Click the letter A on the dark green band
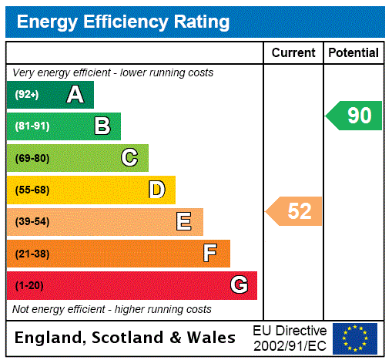[x=75, y=95]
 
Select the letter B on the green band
[x=102, y=126]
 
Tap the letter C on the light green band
[x=129, y=158]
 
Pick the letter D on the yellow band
[x=157, y=190]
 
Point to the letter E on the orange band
[x=184, y=222]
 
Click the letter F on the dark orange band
[x=210, y=253]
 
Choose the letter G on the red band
[x=239, y=285]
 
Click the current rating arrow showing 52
[x=294, y=210]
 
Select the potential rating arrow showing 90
[x=354, y=116]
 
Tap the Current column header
[x=293, y=53]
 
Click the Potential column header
[x=353, y=53]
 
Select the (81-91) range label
[x=32, y=126]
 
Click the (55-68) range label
[x=32, y=190]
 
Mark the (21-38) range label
[x=32, y=254]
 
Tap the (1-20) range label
[x=29, y=286]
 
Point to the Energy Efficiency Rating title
[x=123, y=22]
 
